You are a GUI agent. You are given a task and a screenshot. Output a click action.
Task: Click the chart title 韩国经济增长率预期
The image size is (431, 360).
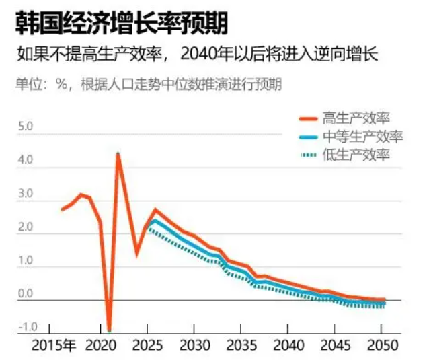(121, 23)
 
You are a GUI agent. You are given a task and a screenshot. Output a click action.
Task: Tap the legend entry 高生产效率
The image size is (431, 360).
(356, 118)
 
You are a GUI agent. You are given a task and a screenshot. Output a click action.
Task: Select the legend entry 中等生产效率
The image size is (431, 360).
(363, 137)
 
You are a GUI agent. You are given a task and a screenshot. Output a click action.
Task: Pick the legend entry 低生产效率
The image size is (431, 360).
(356, 155)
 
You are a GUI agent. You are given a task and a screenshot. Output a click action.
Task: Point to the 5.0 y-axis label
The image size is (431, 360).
(26, 127)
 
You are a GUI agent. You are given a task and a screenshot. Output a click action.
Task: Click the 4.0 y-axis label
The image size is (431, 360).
(26, 159)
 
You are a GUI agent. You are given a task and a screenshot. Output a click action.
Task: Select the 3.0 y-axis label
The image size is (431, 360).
(26, 194)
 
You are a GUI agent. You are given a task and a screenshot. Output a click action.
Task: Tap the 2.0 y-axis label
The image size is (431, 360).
(26, 227)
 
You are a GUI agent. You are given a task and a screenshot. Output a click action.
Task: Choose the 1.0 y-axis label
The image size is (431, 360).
(26, 260)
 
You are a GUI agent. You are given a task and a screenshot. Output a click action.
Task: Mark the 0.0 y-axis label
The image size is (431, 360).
(26, 293)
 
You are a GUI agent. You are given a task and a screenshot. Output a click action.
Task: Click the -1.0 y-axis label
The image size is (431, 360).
(28, 327)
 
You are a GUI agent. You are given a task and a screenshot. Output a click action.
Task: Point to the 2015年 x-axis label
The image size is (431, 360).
(54, 346)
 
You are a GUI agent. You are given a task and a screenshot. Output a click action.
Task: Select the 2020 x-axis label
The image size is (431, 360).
(101, 346)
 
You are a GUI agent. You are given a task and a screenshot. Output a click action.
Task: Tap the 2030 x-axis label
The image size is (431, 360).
(194, 346)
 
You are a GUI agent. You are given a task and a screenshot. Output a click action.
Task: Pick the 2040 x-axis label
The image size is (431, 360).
(288, 346)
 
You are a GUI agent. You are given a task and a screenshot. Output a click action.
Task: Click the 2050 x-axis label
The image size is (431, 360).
(383, 346)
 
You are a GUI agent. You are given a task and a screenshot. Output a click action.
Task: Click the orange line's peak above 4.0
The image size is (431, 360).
(118, 155)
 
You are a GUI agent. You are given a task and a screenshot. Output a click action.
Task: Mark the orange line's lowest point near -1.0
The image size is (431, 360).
(110, 330)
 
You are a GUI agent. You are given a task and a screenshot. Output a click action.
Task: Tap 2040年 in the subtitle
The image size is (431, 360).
(206, 55)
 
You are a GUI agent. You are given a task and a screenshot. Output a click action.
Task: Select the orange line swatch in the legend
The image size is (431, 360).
(309, 119)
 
